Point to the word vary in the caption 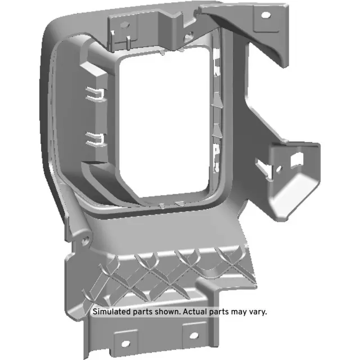[258, 311]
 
